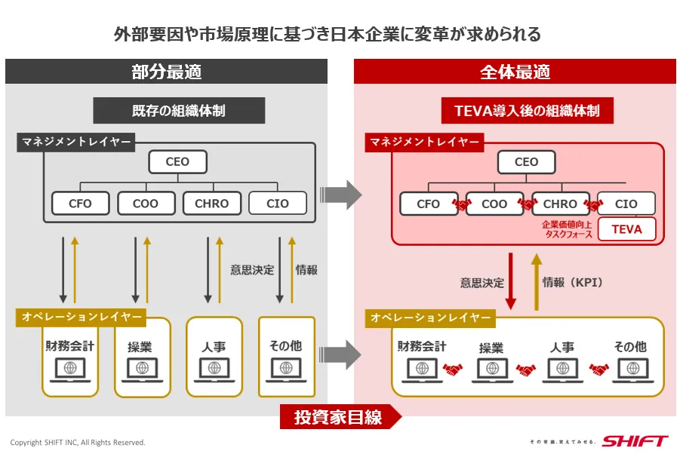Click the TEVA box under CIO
[626, 229]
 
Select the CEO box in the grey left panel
[177, 161]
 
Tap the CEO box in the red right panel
[526, 161]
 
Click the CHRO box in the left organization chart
[212, 203]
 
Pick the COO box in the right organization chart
[494, 204]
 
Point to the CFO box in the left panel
[81, 203]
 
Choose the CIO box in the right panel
[626, 204]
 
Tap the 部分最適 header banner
[167, 72]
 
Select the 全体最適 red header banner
[515, 72]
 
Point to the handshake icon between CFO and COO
[461, 204]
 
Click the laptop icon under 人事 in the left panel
[214, 370]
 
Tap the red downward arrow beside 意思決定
[511, 281]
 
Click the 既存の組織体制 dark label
[179, 111]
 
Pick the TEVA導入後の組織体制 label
[527, 111]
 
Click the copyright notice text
[78, 443]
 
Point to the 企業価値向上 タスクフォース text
[566, 229]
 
